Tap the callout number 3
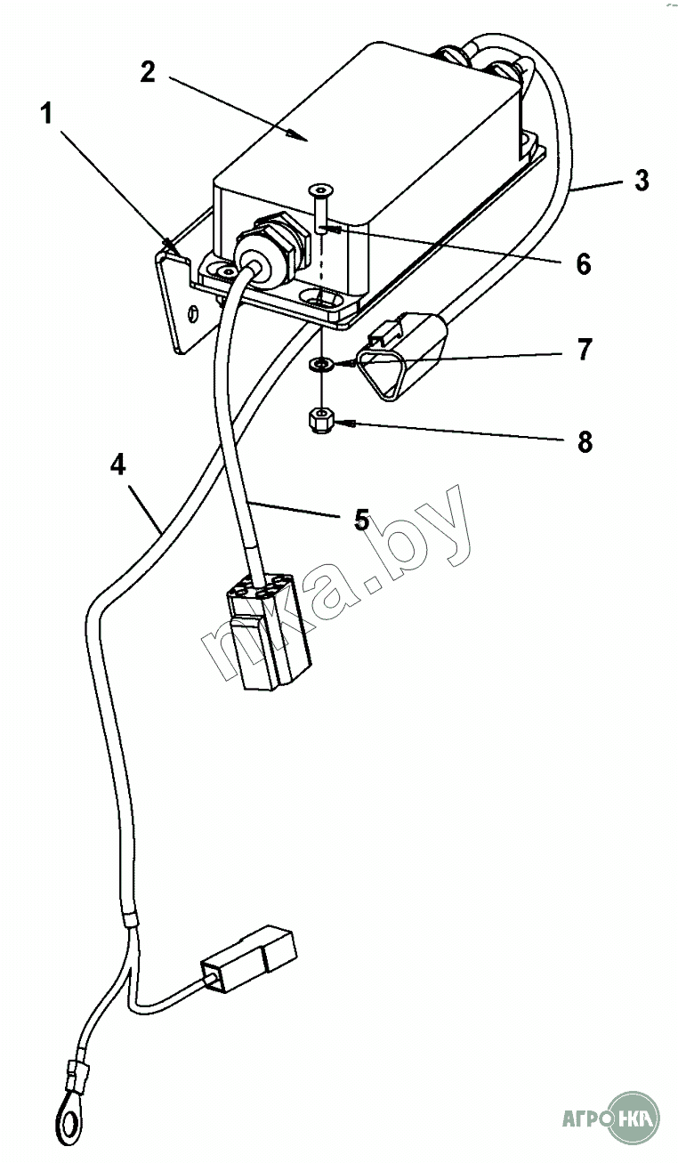642,182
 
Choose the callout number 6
583,264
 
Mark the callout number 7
584,350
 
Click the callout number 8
585,441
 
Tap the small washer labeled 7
320,364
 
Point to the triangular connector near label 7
395,356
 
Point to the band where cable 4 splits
130,921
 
